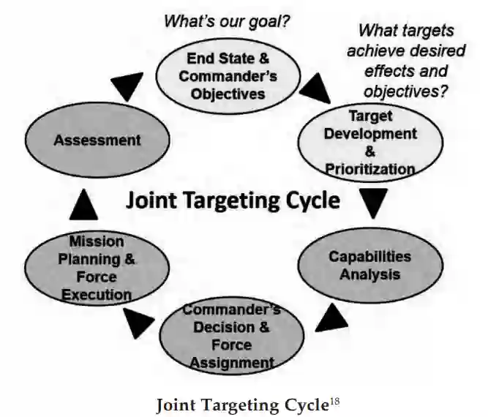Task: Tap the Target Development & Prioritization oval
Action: coord(369,142)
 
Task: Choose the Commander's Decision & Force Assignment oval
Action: coord(231,336)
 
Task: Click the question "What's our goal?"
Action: coord(227,21)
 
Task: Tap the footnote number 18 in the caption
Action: coord(334,398)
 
